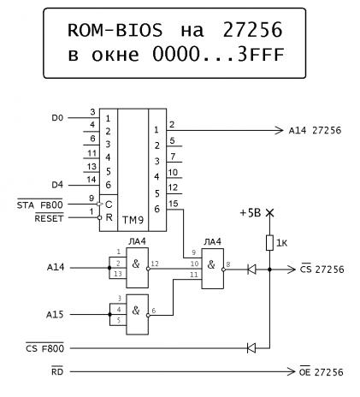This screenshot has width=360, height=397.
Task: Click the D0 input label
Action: pyautogui.click(x=57, y=117)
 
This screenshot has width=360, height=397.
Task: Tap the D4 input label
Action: pyautogui.click(x=57, y=185)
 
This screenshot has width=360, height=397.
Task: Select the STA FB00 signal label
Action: pyautogui.click(x=40, y=204)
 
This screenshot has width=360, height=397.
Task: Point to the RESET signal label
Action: pyautogui.click(x=49, y=218)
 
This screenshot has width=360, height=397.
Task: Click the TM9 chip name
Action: pyautogui.click(x=133, y=220)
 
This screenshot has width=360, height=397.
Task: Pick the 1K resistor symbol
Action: pyautogui.click(x=269, y=243)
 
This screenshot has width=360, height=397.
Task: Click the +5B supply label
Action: pyautogui.click(x=251, y=213)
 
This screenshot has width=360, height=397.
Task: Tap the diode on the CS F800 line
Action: pyautogui.click(x=251, y=348)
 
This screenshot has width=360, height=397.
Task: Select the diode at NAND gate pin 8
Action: pyautogui.click(x=251, y=269)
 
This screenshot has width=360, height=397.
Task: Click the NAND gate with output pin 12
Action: pyautogui.click(x=138, y=268)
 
